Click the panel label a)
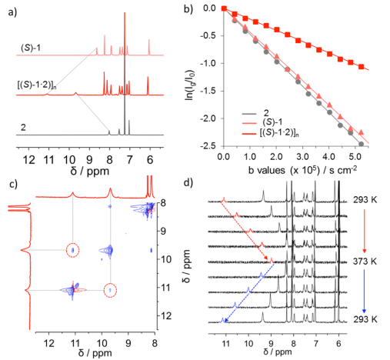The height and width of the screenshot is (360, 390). click(12, 12)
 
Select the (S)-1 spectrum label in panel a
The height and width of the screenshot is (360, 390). click(31, 48)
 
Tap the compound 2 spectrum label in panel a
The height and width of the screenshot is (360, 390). click(23, 128)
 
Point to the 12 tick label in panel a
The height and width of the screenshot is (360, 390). click(29, 160)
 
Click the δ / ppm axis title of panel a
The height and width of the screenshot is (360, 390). click(90, 172)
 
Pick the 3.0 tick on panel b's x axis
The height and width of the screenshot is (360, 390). click(303, 156)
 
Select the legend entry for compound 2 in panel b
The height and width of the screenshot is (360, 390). click(255, 113)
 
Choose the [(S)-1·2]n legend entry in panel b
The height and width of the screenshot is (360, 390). click(271, 133)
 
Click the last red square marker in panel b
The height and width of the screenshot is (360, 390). click(361, 67)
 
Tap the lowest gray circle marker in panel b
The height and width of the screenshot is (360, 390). click(361, 144)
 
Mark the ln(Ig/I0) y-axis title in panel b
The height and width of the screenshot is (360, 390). click(190, 85)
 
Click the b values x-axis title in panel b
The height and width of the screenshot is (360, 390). click(302, 170)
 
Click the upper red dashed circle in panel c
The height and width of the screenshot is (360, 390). click(73, 243)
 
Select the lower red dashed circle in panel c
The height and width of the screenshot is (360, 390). click(110, 284)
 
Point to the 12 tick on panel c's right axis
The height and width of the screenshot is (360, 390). click(165, 315)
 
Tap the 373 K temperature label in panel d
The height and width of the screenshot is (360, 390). click(365, 262)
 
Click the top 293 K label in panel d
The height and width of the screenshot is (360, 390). click(365, 200)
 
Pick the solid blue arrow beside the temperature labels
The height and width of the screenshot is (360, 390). click(364, 291)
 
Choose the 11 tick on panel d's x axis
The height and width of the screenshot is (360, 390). click(226, 343)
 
